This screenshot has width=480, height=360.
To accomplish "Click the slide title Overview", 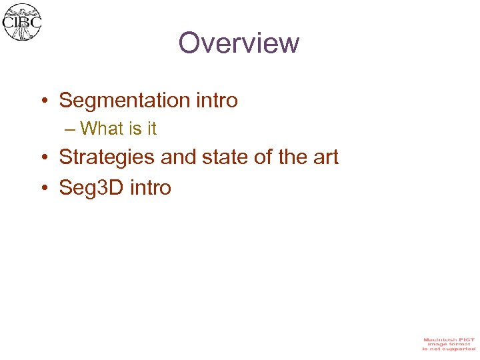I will coord(239,43).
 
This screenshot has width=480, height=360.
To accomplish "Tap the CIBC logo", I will coord(22,22).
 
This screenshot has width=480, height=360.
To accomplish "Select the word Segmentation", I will coord(125,101).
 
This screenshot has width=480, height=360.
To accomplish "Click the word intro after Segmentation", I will coord(217,101).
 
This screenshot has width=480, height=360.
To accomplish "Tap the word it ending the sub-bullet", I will coord(151,128).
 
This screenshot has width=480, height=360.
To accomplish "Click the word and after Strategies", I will coord(175,157).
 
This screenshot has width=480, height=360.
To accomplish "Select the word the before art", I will coord(296,157).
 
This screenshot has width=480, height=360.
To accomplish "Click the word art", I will coord(327,158).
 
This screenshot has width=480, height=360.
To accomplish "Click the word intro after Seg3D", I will coord(151,187).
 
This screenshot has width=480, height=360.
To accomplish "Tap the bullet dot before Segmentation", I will coord(43,101).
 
